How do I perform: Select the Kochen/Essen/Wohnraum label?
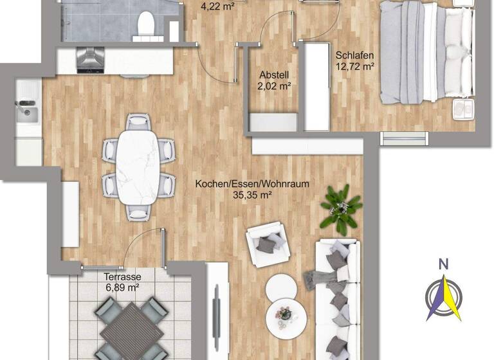click(252, 184)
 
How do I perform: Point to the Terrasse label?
click(122, 277)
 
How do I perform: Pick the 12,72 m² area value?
click(355, 66)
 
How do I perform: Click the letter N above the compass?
click(443, 263)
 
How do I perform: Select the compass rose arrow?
click(444, 297)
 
